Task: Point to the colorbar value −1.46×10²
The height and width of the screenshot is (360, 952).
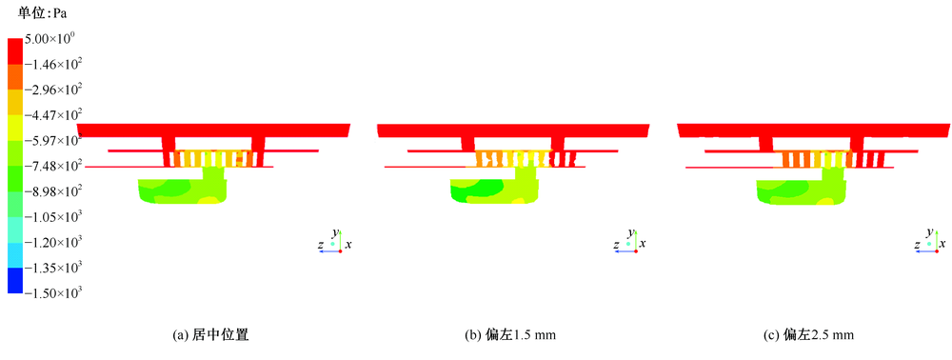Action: click(x=53, y=65)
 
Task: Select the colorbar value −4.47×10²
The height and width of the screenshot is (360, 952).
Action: click(x=53, y=115)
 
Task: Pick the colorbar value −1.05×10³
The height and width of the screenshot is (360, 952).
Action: click(x=53, y=217)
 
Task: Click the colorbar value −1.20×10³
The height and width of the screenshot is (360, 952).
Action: click(x=53, y=242)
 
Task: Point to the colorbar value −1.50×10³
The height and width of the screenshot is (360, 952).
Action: click(x=53, y=293)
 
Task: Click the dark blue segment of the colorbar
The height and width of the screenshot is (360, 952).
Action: click(x=15, y=280)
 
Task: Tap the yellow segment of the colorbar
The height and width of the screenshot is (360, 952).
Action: click(x=15, y=128)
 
